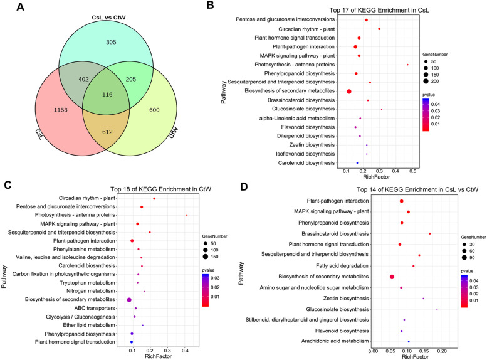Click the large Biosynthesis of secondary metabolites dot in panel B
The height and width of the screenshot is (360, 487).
[349, 92]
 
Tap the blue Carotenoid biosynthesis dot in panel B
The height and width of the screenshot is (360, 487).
[357, 163]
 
